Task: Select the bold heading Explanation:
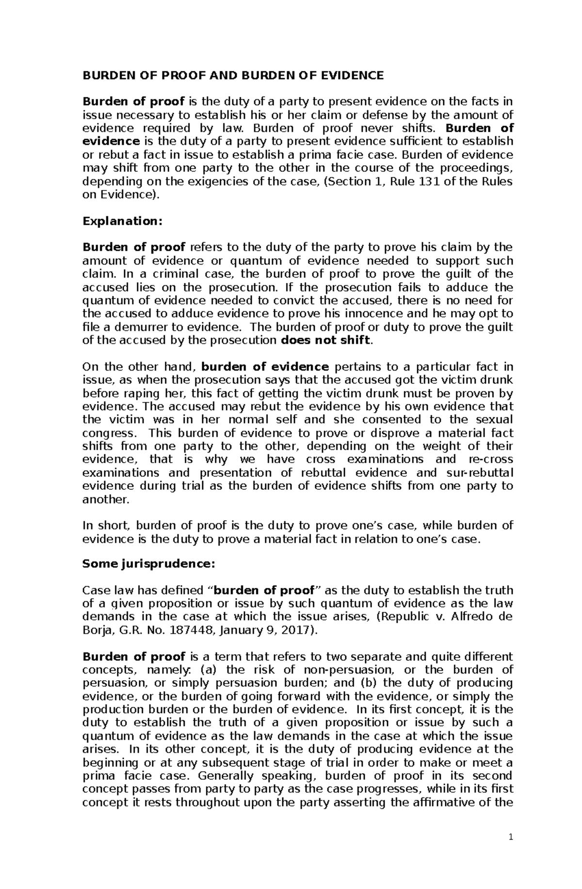(x=121, y=221)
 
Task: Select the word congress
(x=107, y=433)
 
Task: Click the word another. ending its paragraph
(x=106, y=499)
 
